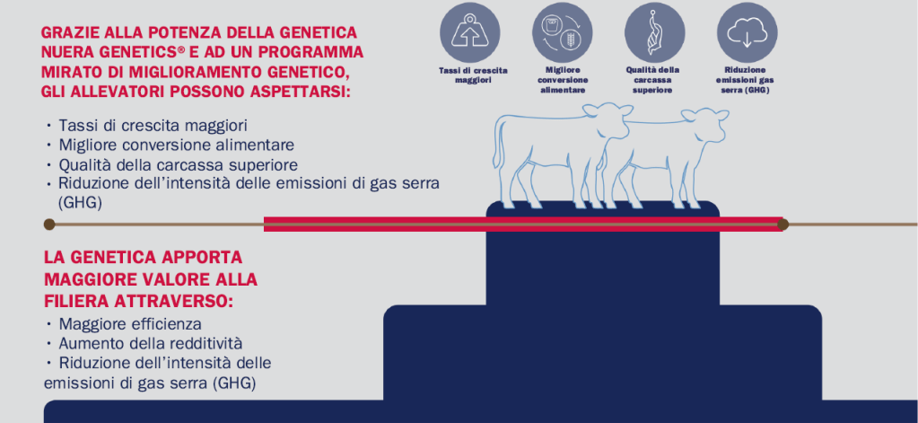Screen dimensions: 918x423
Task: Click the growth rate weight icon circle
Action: [470, 32]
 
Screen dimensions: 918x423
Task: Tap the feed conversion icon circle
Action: [562, 32]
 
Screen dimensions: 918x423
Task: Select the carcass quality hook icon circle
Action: [654, 32]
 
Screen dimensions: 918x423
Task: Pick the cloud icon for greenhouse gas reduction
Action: [747, 32]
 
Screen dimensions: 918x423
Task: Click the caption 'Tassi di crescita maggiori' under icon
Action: [473, 75]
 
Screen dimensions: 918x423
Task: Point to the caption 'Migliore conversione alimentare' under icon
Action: [563, 80]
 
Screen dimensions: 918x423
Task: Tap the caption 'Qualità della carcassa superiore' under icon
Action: [652, 80]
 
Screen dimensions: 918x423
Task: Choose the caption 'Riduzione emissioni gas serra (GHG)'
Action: [745, 80]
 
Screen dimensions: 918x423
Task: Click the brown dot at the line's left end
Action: [49, 224]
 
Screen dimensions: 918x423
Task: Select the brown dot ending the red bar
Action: [783, 224]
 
